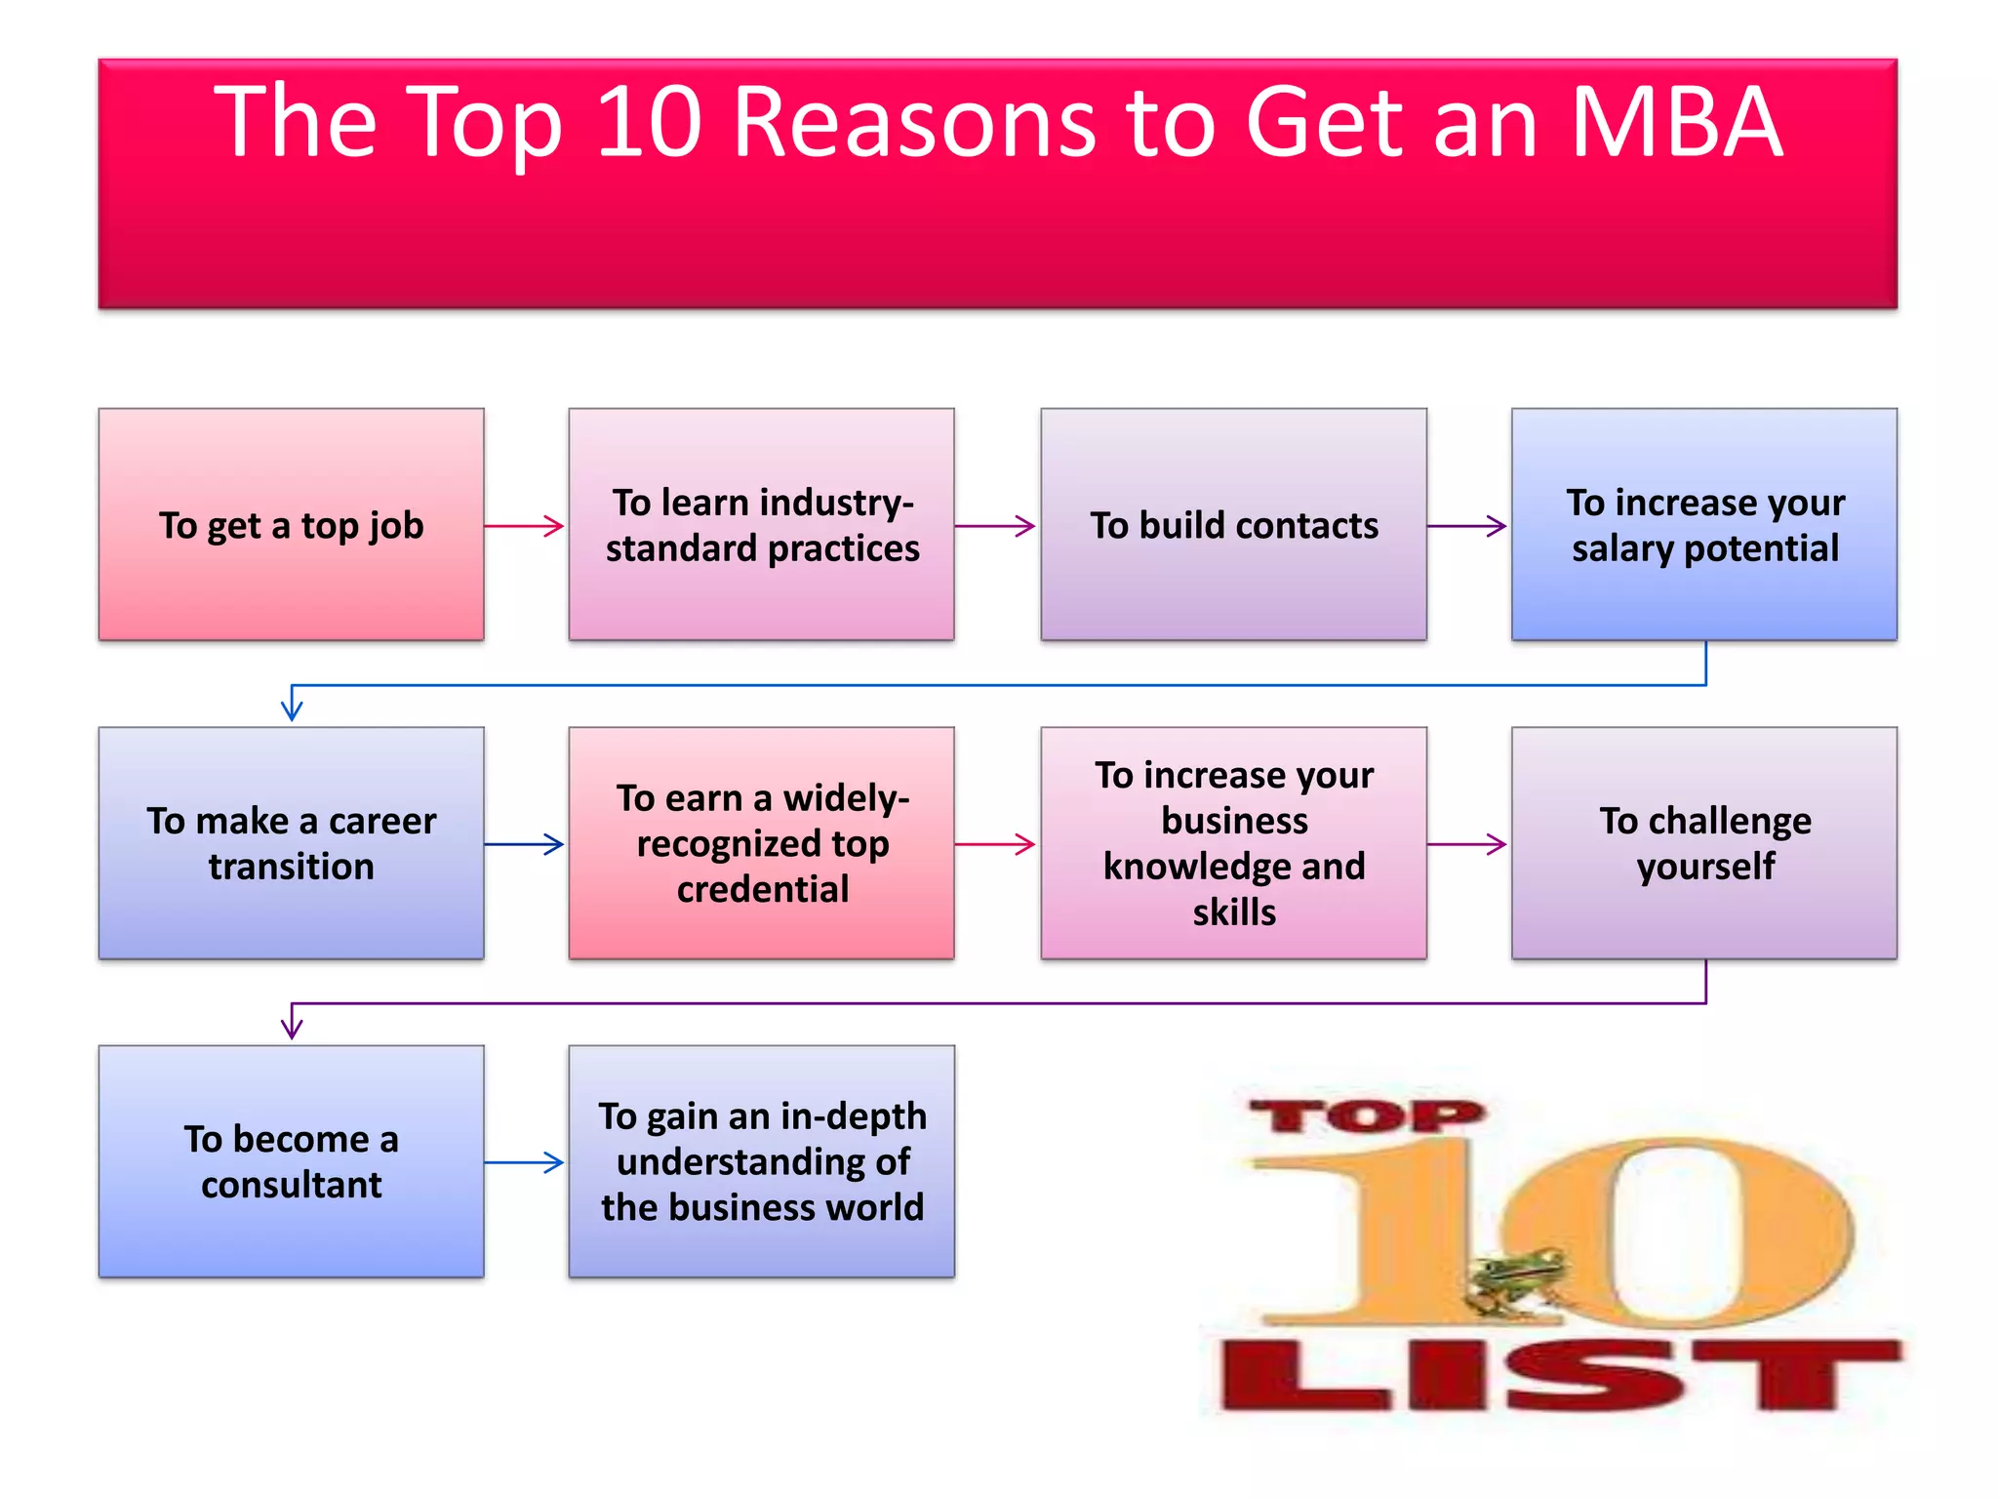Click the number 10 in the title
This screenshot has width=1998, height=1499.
click(x=649, y=123)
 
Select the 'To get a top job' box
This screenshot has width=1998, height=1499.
click(x=291, y=525)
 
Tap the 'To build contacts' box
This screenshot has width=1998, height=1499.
click(x=1233, y=525)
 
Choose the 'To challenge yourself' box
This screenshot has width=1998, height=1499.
click(x=1704, y=843)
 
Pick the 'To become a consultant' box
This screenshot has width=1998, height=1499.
click(x=291, y=1161)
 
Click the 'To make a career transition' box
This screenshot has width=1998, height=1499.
click(x=291, y=843)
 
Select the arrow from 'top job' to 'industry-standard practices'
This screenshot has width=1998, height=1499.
click(x=525, y=526)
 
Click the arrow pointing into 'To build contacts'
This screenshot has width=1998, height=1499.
click(x=996, y=526)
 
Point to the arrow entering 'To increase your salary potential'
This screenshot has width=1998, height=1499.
click(x=1467, y=526)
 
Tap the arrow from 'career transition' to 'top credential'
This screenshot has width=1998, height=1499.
click(x=525, y=844)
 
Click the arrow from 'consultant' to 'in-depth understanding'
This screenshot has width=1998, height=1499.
click(x=525, y=1162)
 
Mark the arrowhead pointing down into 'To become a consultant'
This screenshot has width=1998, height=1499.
click(x=292, y=1025)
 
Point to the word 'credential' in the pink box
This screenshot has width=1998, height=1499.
click(x=763, y=889)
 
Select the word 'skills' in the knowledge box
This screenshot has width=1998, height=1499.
click(x=1234, y=912)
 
